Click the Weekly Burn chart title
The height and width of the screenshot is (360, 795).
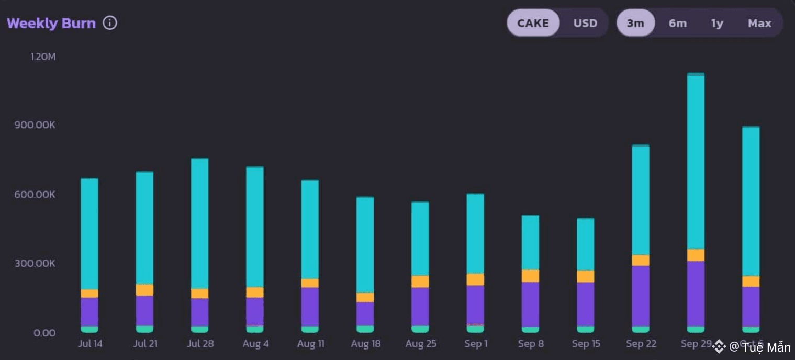(x=51, y=24)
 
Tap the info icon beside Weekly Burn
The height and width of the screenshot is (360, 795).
(x=110, y=23)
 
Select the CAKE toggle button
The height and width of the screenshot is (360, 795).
(x=533, y=23)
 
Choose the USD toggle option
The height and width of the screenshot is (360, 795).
(x=585, y=23)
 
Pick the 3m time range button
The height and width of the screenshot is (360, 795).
(x=635, y=23)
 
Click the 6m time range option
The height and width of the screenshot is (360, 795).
(x=677, y=23)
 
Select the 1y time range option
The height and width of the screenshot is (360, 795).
(x=717, y=23)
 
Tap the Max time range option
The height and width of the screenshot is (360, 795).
(x=759, y=23)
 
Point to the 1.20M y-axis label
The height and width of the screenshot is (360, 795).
(x=43, y=57)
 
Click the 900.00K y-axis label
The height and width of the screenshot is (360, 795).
(x=36, y=125)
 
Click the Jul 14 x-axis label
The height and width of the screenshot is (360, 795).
(x=90, y=344)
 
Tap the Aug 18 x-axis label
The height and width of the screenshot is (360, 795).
(x=365, y=344)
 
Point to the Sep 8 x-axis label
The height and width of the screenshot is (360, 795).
(x=531, y=344)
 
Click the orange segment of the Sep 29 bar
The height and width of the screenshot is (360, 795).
(x=696, y=255)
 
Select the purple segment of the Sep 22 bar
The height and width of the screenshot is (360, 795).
(x=641, y=296)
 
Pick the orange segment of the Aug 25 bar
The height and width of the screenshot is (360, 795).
(x=420, y=282)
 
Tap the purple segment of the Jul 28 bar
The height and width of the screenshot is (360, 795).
(x=199, y=312)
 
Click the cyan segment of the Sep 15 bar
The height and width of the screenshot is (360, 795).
(x=585, y=244)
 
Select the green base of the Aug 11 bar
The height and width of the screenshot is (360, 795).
(x=310, y=330)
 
